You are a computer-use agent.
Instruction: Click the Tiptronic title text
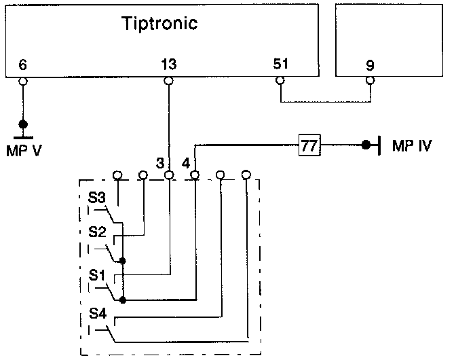click(159, 24)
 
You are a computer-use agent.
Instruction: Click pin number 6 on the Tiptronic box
click(23, 65)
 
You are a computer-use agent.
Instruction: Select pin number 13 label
click(169, 65)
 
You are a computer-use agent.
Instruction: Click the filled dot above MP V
click(23, 124)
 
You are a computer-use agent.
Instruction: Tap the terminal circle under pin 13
click(169, 82)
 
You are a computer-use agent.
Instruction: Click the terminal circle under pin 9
click(370, 82)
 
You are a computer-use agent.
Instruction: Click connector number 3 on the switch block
click(160, 163)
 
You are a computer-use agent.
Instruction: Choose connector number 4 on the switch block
click(186, 163)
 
